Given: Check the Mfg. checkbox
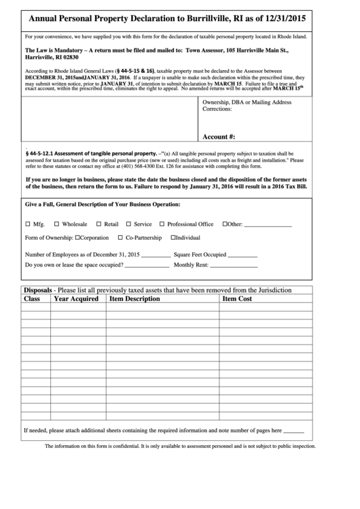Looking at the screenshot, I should click(x=27, y=224).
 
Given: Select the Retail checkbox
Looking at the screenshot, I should click(x=98, y=224).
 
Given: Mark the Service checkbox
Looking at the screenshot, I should click(x=128, y=224).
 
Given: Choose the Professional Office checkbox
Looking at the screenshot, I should click(x=162, y=224).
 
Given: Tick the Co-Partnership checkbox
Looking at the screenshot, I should click(x=120, y=238).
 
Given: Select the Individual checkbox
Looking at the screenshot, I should click(x=173, y=238).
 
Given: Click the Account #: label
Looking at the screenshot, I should click(x=219, y=136).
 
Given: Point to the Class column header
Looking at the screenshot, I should click(x=32, y=298).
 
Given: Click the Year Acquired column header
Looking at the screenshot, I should click(x=76, y=298).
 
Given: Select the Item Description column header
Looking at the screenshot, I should click(x=134, y=298).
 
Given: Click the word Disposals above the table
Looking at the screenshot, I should click(x=37, y=289).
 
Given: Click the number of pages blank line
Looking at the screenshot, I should click(x=293, y=431).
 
